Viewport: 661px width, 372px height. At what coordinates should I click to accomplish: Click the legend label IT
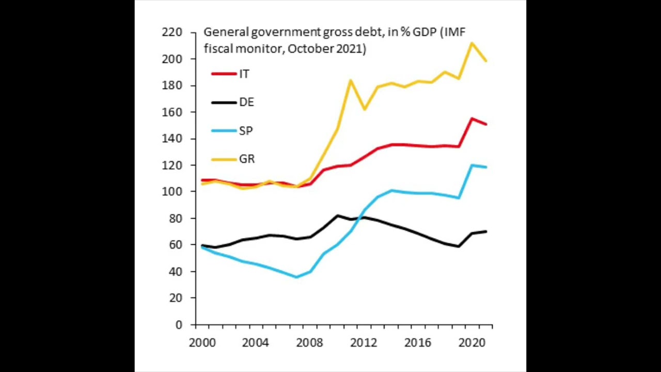[244, 74]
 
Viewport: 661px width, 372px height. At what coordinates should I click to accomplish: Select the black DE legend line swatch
[224, 102]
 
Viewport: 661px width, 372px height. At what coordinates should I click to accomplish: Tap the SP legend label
[246, 131]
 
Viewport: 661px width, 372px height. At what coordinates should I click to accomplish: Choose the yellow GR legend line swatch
[224, 159]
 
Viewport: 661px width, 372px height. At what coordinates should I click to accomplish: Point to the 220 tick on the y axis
[172, 33]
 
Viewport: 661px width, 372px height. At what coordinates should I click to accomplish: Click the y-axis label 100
[172, 192]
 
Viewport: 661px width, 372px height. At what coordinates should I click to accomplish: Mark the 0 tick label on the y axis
[179, 325]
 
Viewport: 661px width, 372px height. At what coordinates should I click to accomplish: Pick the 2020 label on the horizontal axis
[471, 343]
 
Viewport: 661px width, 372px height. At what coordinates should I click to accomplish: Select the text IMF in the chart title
[454, 32]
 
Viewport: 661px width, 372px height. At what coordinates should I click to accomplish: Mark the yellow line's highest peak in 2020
[471, 43]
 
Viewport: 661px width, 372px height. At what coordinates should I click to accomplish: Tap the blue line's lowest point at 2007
[296, 277]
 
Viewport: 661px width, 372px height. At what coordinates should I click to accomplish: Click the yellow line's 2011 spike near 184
[351, 81]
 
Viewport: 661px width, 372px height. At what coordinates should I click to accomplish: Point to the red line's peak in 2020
[471, 119]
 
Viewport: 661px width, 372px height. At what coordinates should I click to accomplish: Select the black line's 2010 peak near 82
[338, 215]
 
